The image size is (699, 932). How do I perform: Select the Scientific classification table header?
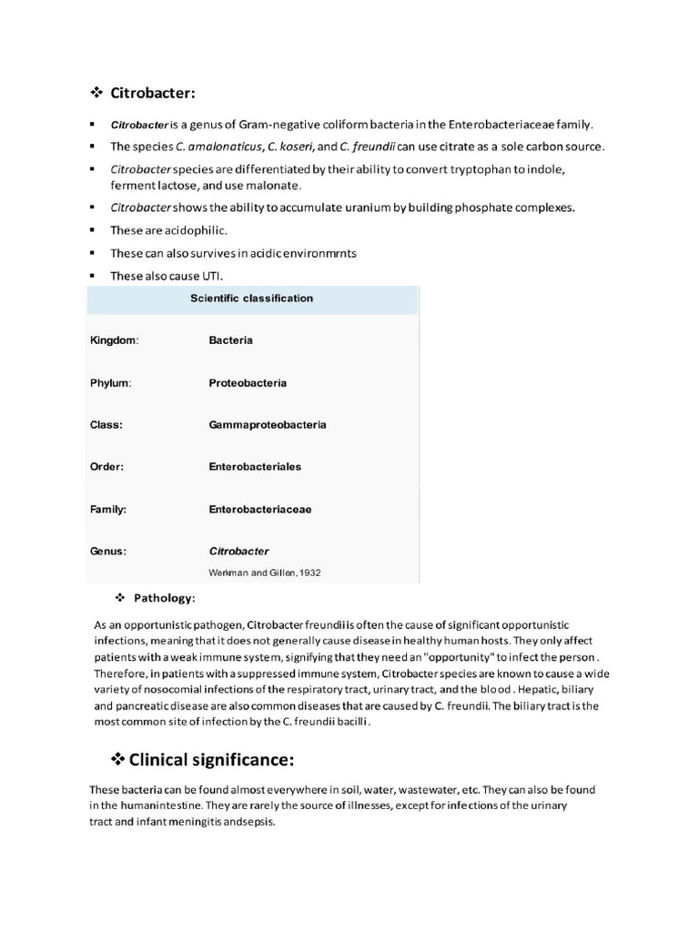click(x=251, y=299)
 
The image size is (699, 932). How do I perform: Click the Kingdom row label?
click(x=114, y=340)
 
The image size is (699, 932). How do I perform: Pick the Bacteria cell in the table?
click(x=230, y=340)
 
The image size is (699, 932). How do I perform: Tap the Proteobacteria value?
click(x=248, y=383)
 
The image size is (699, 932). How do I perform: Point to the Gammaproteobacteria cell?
click(x=268, y=425)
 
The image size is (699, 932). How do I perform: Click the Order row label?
click(x=106, y=467)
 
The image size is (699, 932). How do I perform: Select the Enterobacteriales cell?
click(x=255, y=467)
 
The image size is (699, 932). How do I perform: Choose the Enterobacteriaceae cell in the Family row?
click(x=260, y=510)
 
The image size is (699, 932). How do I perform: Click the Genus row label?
click(x=107, y=552)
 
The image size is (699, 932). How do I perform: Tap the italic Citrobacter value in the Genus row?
click(x=238, y=552)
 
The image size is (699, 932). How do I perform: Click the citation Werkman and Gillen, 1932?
click(x=265, y=572)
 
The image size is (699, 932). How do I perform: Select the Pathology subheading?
click(x=165, y=598)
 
